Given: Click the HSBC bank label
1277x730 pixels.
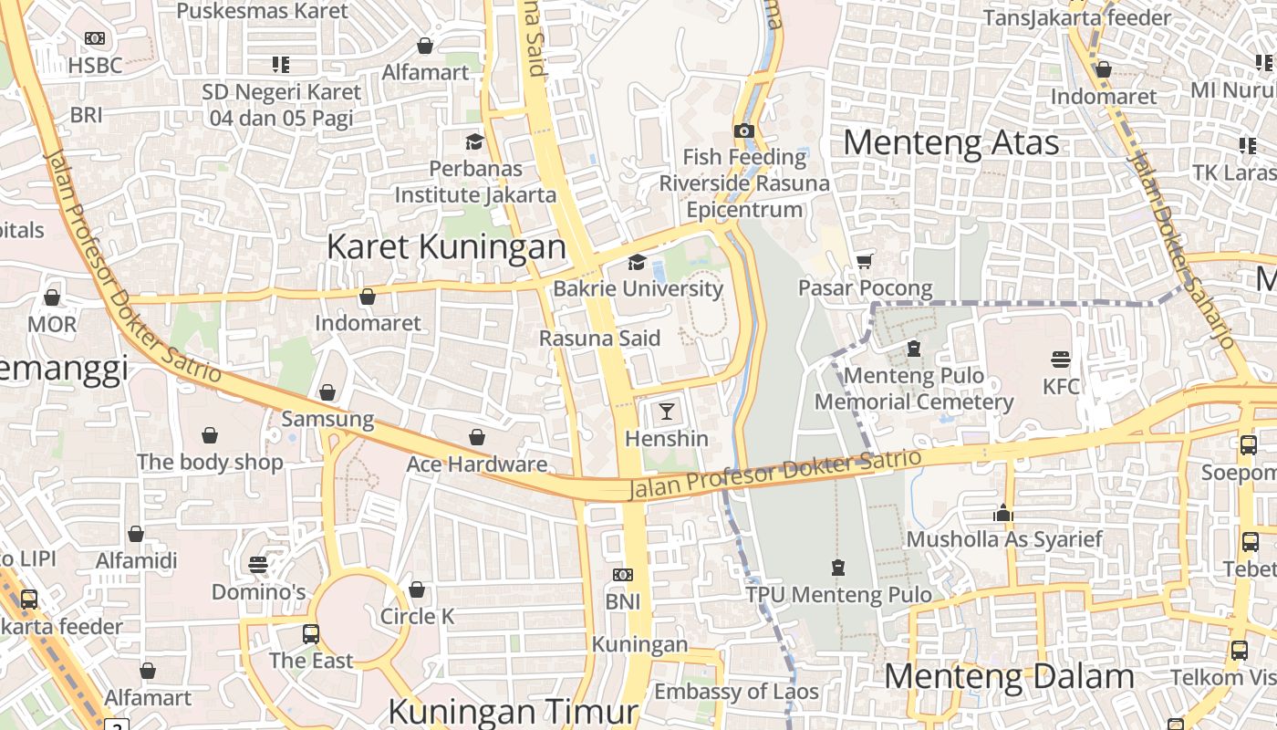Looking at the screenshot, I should click(x=95, y=66).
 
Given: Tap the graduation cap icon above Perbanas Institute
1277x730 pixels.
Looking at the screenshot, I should click(x=474, y=141).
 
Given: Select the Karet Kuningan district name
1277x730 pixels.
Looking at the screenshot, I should click(x=446, y=246).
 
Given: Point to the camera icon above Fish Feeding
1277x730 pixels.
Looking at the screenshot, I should click(x=744, y=130).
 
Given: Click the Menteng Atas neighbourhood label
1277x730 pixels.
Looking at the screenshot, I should click(x=950, y=143).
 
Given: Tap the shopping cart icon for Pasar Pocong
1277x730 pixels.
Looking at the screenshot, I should click(x=864, y=262).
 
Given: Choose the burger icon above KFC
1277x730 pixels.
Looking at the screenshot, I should click(x=1060, y=359).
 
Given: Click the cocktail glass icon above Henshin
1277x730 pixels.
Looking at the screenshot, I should click(x=667, y=412).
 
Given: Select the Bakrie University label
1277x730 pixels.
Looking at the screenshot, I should click(x=638, y=288).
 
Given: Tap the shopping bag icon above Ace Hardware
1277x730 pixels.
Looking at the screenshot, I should click(x=476, y=437).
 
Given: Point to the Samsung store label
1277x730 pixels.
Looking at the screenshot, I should click(x=327, y=420).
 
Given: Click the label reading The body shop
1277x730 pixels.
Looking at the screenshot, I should click(x=210, y=462).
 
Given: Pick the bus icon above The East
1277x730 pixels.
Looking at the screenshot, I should click(x=311, y=633).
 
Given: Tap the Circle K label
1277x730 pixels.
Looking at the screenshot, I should click(x=417, y=617).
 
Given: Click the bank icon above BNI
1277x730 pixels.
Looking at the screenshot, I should click(x=623, y=575).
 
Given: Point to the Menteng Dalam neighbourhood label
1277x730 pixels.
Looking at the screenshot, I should click(x=1009, y=677).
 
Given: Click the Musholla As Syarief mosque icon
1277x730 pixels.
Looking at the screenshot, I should click(x=1003, y=513).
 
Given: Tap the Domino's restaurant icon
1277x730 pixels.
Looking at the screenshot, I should click(x=258, y=565).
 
